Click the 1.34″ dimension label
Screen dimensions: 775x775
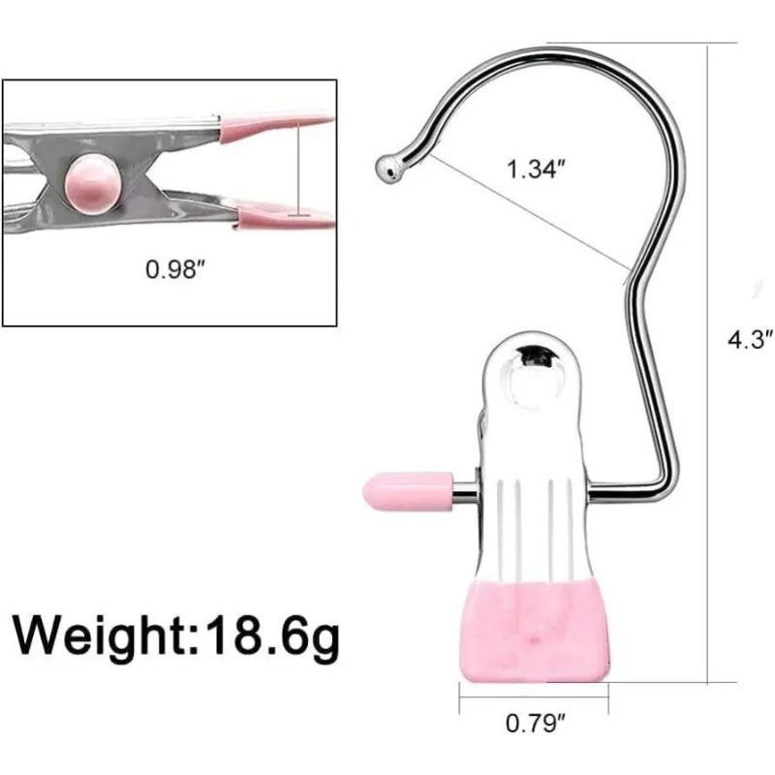(x=536, y=169)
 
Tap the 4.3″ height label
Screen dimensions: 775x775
(x=750, y=340)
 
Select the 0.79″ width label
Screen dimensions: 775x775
(x=535, y=723)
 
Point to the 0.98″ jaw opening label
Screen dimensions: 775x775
(x=175, y=269)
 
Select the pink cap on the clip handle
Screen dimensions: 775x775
(x=408, y=491)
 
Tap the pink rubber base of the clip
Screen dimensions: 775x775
(x=534, y=632)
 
